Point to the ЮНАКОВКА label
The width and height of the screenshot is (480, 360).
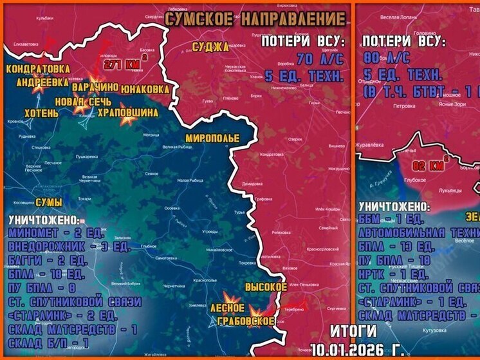pyautogui.click(x=145, y=88)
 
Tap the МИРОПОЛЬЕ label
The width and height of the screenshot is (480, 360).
pyautogui.click(x=212, y=138)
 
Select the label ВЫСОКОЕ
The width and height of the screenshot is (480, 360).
pyautogui.click(x=266, y=286)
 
